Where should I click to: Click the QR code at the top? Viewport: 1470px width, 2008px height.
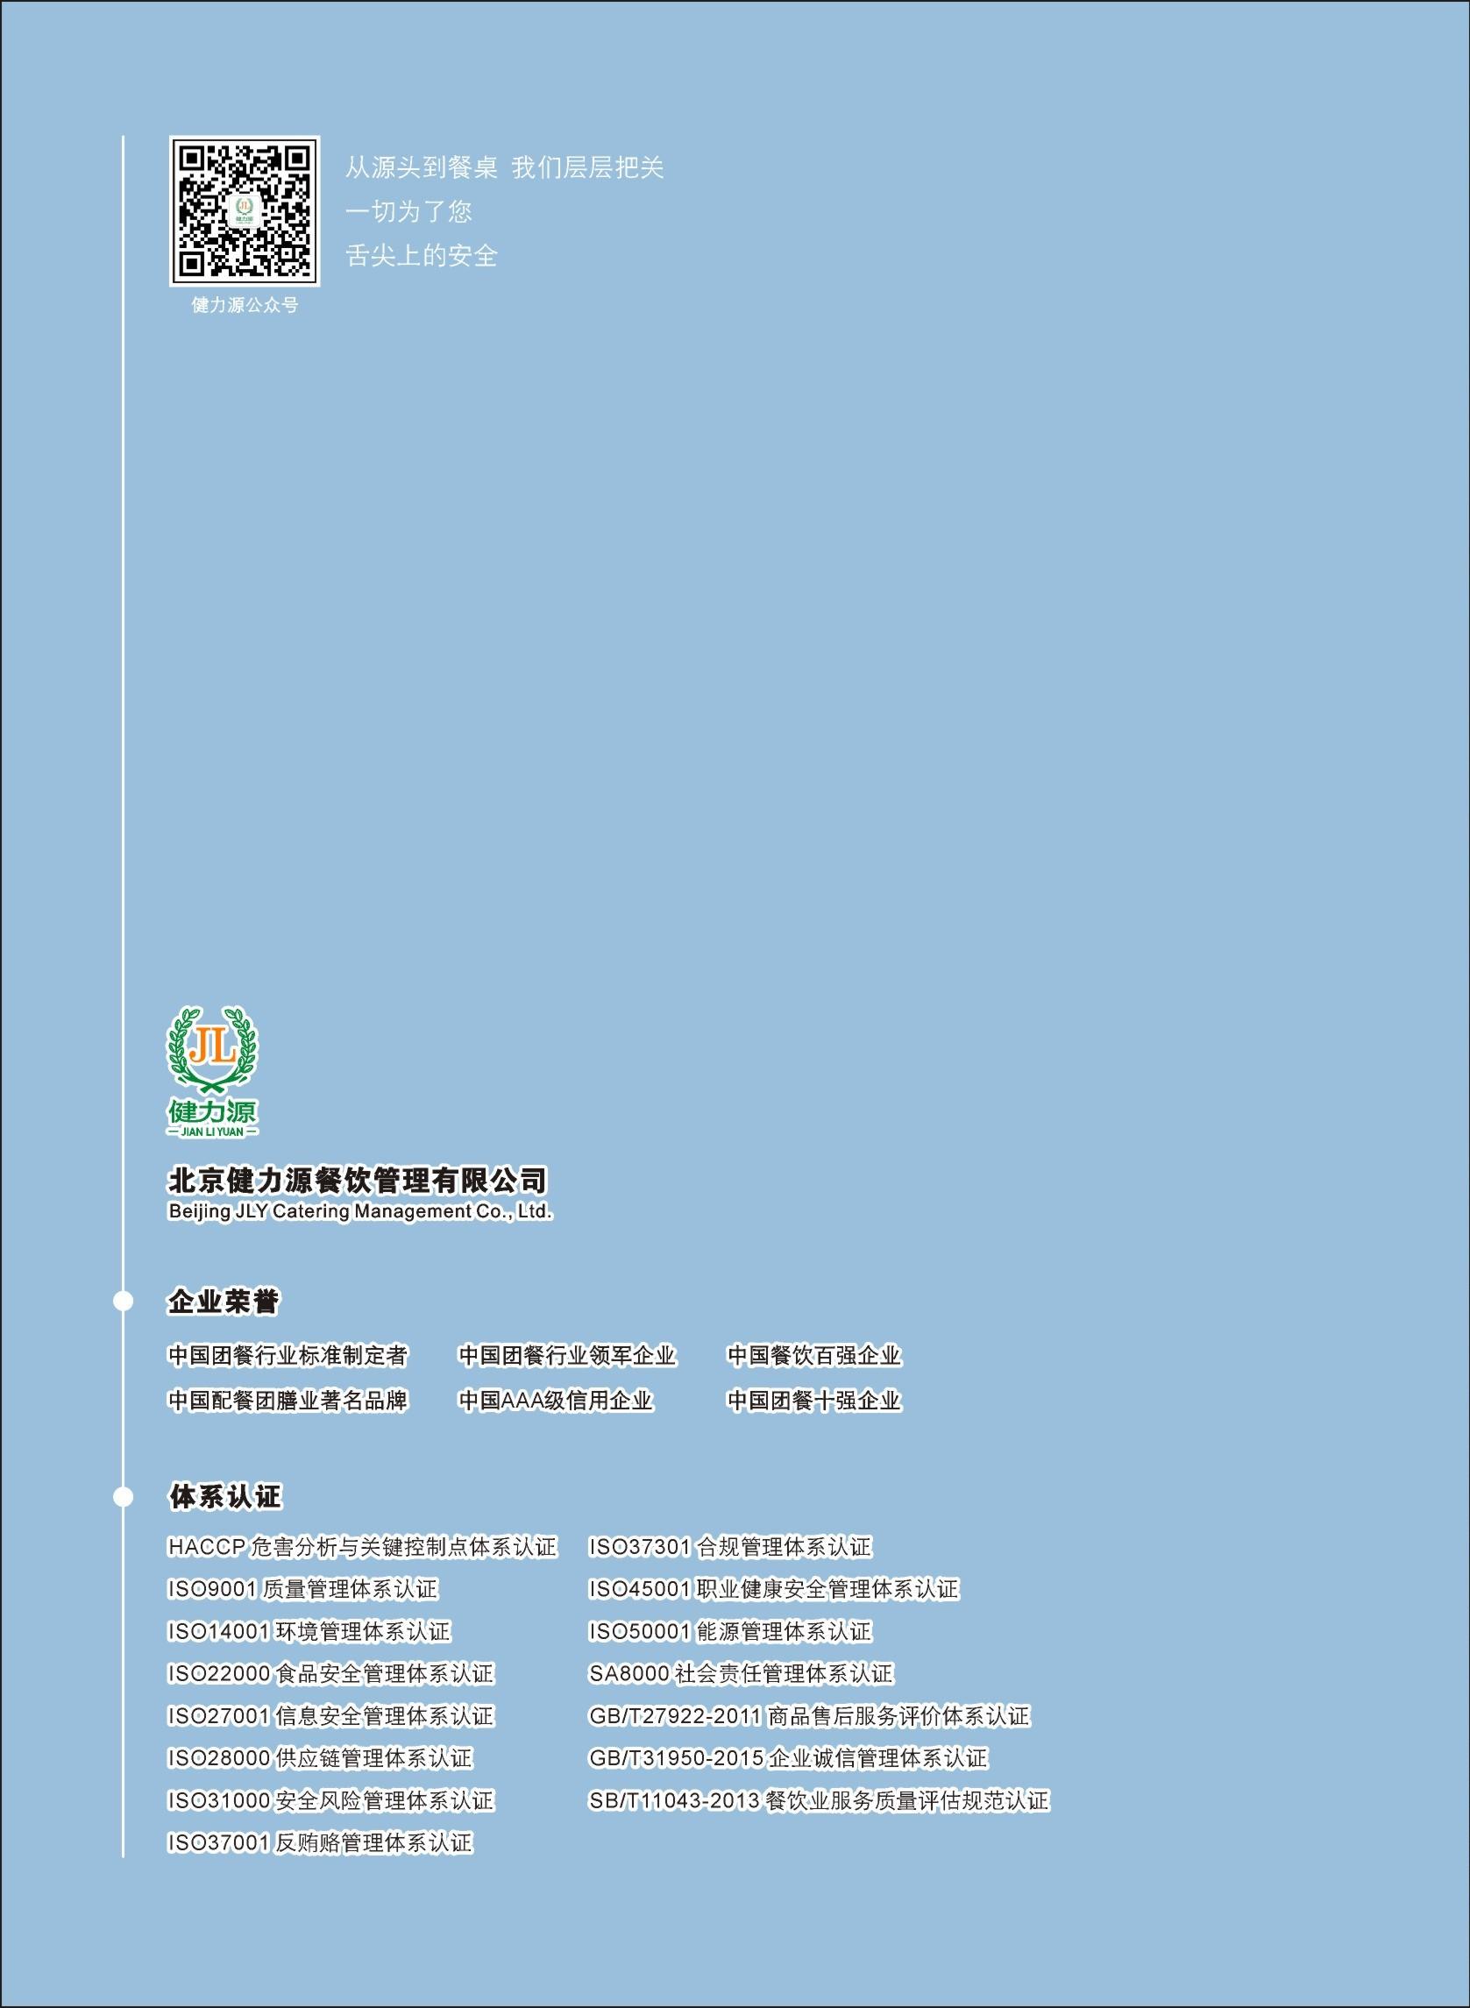pyautogui.click(x=244, y=212)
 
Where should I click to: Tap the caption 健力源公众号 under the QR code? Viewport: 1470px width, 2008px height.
pyautogui.click(x=245, y=305)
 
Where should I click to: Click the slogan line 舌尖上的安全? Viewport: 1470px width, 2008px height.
pyautogui.click(x=421, y=256)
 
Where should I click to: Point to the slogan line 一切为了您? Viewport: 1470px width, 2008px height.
pyautogui.click(x=408, y=212)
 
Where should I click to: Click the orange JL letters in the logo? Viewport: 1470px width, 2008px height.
pyautogui.click(x=214, y=1047)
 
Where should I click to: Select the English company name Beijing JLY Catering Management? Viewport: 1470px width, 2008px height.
pyautogui.click(x=360, y=1211)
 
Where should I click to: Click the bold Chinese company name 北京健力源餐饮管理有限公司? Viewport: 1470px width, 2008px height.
pyautogui.click(x=358, y=1180)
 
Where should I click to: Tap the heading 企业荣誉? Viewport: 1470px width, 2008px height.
pyautogui.click(x=224, y=1302)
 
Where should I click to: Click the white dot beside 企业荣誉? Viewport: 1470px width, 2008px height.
pyautogui.click(x=123, y=1302)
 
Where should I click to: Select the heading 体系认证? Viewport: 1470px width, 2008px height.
pyautogui.click(x=224, y=1496)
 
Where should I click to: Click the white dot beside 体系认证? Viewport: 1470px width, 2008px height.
pyautogui.click(x=123, y=1496)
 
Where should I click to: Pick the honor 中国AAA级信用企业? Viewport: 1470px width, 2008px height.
pyautogui.click(x=556, y=1401)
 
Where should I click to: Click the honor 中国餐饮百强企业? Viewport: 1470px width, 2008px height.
pyautogui.click(x=814, y=1355)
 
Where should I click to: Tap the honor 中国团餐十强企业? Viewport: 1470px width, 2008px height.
pyautogui.click(x=814, y=1401)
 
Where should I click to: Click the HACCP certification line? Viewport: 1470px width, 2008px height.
pyautogui.click(x=361, y=1547)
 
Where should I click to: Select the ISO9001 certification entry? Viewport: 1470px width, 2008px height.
pyautogui.click(x=302, y=1589)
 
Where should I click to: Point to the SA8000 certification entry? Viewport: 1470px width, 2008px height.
pyautogui.click(x=741, y=1673)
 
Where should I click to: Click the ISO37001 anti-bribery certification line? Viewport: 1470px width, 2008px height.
pyautogui.click(x=319, y=1842)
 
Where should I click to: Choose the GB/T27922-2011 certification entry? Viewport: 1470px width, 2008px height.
pyautogui.click(x=809, y=1716)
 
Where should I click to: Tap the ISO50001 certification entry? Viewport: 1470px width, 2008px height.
pyautogui.click(x=729, y=1632)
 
